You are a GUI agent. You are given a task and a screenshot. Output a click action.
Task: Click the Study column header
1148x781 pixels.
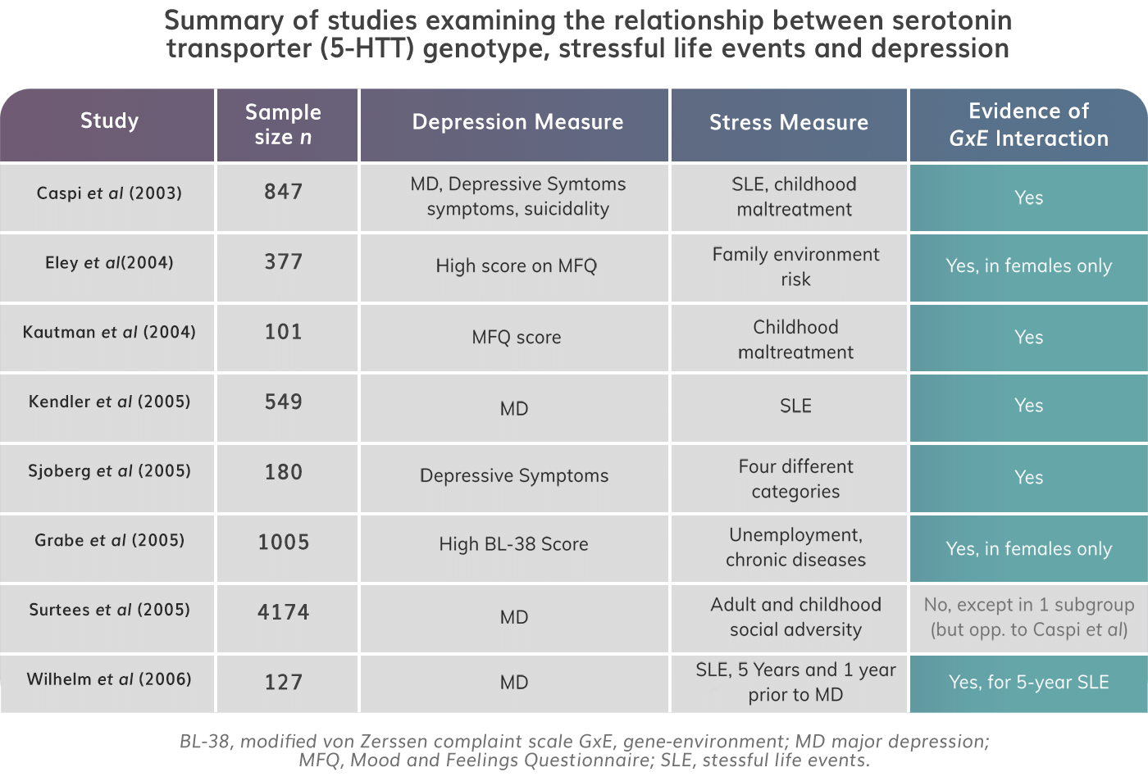pyautogui.click(x=109, y=121)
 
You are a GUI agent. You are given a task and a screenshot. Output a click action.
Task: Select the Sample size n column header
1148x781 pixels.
pyautogui.click(x=283, y=125)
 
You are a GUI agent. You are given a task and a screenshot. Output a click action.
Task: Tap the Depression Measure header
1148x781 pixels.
pyautogui.click(x=517, y=122)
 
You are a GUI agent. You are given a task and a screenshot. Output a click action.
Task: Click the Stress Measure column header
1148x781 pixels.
pyautogui.click(x=788, y=123)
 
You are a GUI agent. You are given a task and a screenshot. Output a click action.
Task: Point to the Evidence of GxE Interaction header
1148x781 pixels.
pyautogui.click(x=1028, y=125)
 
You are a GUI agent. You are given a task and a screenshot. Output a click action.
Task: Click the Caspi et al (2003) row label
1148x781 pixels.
pyautogui.click(x=109, y=193)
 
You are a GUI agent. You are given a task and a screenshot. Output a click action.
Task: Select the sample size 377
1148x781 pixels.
pyautogui.click(x=283, y=262)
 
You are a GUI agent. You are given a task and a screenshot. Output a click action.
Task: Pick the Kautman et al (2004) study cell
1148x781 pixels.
pyautogui.click(x=109, y=332)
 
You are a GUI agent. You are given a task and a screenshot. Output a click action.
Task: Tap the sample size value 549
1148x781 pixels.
pyautogui.click(x=283, y=402)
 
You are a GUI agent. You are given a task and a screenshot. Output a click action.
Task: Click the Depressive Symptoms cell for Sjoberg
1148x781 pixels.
pyautogui.click(x=514, y=476)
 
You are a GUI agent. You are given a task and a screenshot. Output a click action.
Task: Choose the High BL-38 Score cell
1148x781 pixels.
pyautogui.click(x=513, y=544)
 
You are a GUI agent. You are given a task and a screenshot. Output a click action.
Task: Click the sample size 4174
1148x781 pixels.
pyautogui.click(x=283, y=612)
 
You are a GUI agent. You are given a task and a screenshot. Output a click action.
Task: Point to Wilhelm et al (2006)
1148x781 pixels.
pyautogui.click(x=109, y=679)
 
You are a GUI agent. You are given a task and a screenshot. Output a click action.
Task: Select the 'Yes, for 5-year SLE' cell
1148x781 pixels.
pyautogui.click(x=1028, y=682)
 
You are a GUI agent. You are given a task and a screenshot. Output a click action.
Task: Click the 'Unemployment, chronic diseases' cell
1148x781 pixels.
pyautogui.click(x=795, y=547)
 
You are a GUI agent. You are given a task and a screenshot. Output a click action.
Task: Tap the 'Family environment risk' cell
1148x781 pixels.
pyautogui.click(x=795, y=266)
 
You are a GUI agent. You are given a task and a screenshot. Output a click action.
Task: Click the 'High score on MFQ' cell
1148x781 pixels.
pyautogui.click(x=516, y=266)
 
